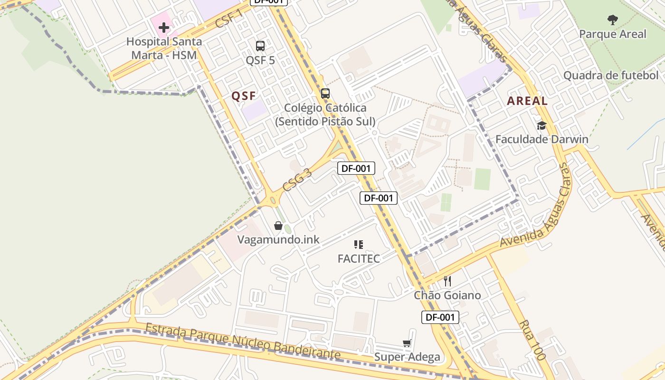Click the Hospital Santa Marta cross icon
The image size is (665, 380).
click(164, 28)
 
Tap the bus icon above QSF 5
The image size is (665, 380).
click(260, 46)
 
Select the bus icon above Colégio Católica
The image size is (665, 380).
click(325, 94)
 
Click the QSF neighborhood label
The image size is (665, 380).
click(244, 96)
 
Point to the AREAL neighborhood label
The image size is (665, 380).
click(527, 101)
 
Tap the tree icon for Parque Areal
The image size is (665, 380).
click(613, 20)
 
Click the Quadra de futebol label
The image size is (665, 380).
click(611, 75)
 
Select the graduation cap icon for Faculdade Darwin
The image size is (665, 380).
click(541, 125)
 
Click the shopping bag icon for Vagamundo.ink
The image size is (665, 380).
click(278, 226)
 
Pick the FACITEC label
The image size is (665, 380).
click(359, 258)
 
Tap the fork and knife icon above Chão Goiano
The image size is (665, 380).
click(447, 281)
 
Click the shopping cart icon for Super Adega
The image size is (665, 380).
click(407, 343)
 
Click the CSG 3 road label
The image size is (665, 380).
click(297, 180)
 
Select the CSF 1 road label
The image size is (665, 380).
click(229, 18)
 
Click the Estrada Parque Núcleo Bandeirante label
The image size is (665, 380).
click(243, 342)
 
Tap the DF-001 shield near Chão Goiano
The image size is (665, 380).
click(440, 317)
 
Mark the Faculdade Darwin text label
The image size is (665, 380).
click(541, 139)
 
